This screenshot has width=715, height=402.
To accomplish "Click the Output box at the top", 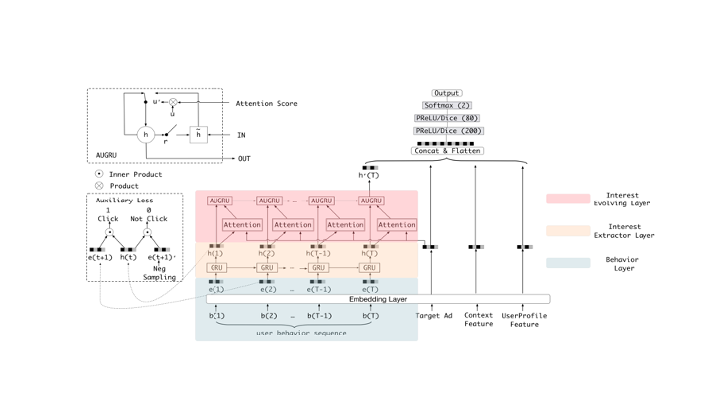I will [x=446, y=93].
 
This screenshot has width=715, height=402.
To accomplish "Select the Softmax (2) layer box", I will [x=446, y=105].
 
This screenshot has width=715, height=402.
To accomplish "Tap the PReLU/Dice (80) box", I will [x=446, y=118].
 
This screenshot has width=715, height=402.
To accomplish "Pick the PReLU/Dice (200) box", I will [x=446, y=130].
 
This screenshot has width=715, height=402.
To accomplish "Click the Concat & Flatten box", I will [x=446, y=151].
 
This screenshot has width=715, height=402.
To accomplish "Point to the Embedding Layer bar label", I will [x=377, y=299].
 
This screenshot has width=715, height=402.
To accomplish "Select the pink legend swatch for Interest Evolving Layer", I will [x=567, y=199].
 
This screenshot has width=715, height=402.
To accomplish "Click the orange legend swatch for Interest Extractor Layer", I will [x=567, y=231].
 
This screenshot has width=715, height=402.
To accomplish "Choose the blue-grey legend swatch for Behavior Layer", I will [x=567, y=263].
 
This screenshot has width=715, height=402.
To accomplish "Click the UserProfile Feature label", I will [x=523, y=320].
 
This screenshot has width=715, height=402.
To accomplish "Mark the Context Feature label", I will [x=478, y=320].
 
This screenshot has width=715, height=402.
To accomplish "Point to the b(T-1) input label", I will [x=319, y=316].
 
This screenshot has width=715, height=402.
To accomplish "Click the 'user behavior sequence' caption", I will [x=301, y=333].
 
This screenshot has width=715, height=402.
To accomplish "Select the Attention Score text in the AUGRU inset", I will [x=266, y=103].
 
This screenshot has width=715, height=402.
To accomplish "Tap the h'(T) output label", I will [x=368, y=176].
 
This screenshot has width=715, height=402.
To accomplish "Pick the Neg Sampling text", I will [x=158, y=273].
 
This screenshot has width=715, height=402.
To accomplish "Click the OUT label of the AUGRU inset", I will [x=244, y=159].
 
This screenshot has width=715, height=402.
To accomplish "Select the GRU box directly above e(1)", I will [x=215, y=267].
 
